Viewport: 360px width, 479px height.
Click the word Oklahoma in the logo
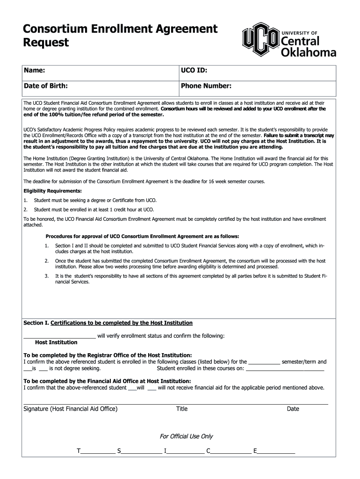click(x=308, y=52)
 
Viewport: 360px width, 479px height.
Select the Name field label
click(x=34, y=70)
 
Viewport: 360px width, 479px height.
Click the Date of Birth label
click(x=46, y=86)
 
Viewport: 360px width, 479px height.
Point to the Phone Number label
click(x=206, y=86)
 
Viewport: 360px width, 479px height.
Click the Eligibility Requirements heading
click(x=52, y=191)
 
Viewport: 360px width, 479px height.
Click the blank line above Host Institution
click(x=59, y=336)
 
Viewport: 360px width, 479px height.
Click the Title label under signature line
click(x=182, y=409)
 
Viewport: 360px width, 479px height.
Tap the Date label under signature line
click(x=293, y=409)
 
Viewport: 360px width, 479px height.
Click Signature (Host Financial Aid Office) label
click(x=71, y=409)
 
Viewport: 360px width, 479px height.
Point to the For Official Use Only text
click(x=186, y=436)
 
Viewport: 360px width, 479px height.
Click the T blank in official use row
click(x=98, y=452)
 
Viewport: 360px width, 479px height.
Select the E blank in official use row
click(x=276, y=452)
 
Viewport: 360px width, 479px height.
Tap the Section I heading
click(x=108, y=323)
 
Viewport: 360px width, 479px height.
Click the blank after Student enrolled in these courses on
click(x=285, y=369)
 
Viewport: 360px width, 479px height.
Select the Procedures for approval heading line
click(x=142, y=236)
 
